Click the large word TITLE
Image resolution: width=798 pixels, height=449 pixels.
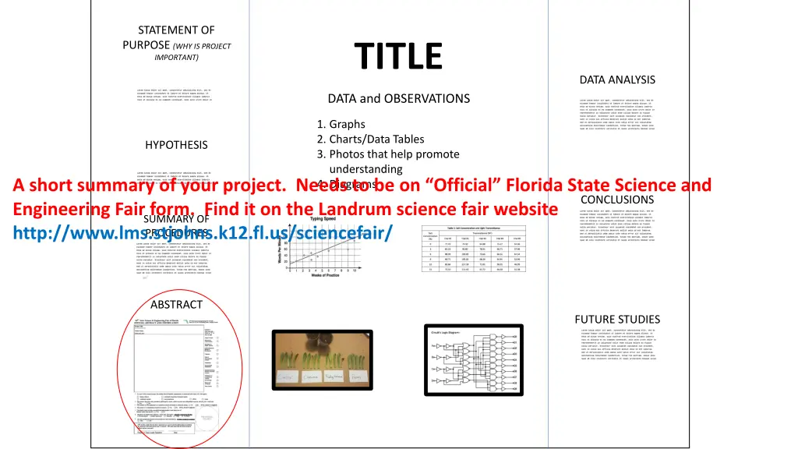(397, 56)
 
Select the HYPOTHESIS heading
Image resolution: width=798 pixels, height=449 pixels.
(176, 145)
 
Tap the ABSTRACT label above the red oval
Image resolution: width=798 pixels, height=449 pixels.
(176, 305)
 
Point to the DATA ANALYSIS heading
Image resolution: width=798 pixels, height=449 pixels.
(617, 80)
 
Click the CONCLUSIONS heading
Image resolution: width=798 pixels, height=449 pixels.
(617, 200)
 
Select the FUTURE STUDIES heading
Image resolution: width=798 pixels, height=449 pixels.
(617, 319)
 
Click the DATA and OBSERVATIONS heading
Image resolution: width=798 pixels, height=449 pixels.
(398, 98)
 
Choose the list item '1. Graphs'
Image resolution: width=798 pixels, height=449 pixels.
(341, 125)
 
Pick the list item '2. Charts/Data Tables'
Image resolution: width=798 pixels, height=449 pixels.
(371, 140)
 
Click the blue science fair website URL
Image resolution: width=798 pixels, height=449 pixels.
(203, 232)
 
